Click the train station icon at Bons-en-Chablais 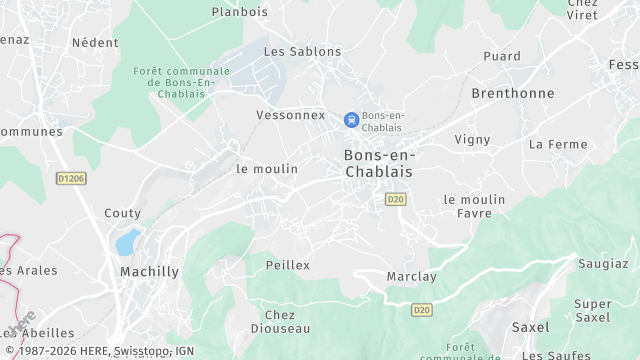tap(351, 120)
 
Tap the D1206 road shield tap(71, 179)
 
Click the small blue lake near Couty tap(127, 242)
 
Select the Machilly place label tap(149, 272)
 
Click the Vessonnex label tap(291, 115)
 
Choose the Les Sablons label tap(302, 51)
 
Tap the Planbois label tap(240, 13)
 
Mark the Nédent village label tap(95, 43)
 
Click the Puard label tap(502, 56)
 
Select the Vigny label tap(472, 140)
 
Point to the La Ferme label tap(558, 144)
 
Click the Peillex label tap(288, 265)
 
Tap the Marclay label tap(410, 277)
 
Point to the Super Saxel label tap(593, 310)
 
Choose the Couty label tap(122, 213)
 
